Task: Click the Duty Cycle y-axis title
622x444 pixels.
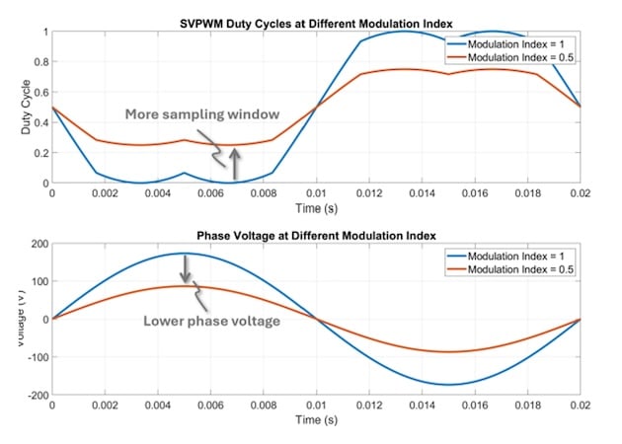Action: pos(21,108)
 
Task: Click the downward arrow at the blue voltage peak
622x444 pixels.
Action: pos(184,267)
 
